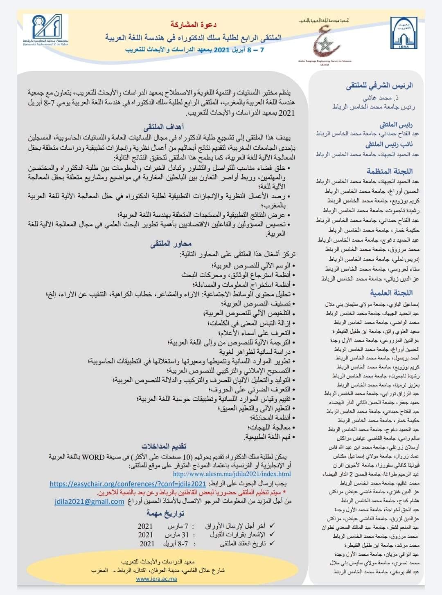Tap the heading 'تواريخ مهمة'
click(x=165, y=514)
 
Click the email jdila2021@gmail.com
click(x=90, y=502)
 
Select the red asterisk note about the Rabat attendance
click(x=192, y=493)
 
